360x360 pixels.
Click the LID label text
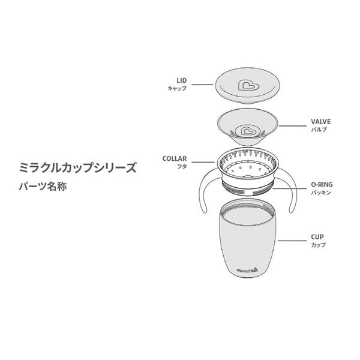point(182,80)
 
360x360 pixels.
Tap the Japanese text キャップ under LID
point(177,88)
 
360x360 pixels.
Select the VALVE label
point(321,121)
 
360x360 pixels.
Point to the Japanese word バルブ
point(319,130)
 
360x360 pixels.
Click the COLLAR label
point(175,158)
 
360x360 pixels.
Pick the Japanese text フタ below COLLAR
point(182,167)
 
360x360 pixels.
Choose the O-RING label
point(322,184)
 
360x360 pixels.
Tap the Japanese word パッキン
point(321,193)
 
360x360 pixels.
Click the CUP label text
point(317,237)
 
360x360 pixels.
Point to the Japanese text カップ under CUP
point(319,245)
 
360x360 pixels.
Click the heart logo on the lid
point(248,86)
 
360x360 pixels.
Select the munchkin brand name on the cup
point(247,270)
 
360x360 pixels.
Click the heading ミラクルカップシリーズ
point(77,167)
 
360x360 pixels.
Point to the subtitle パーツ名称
point(43,186)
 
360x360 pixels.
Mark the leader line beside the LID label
point(203,85)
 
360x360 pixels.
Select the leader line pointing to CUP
point(292,241)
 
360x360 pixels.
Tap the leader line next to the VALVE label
point(292,126)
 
